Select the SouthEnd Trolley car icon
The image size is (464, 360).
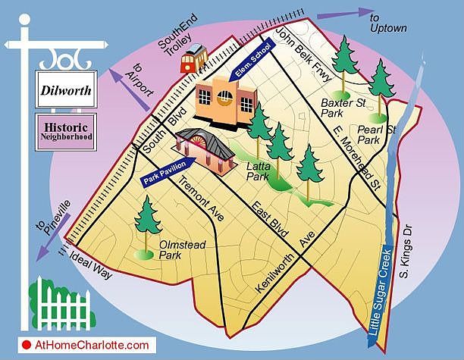[194, 58]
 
